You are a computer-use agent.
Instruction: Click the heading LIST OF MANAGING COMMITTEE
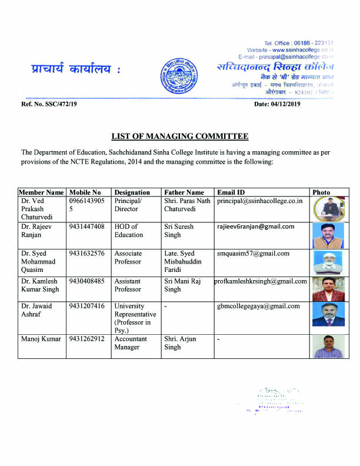tap(180, 137)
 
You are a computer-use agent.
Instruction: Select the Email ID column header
tap(230, 192)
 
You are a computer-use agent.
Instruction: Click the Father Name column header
tap(184, 192)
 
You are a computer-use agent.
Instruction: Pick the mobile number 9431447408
tap(86, 227)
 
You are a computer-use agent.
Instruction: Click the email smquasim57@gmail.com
tap(253, 254)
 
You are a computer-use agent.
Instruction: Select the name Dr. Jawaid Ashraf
tap(36, 310)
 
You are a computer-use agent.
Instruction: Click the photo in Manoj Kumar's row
tap(329, 347)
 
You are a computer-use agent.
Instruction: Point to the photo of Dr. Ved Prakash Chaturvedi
tap(329, 209)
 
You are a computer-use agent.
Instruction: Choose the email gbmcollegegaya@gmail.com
tap(258, 306)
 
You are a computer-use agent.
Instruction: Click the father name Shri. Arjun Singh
tap(181, 343)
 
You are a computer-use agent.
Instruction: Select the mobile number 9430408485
tap(86, 281)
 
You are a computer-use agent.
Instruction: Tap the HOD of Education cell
tap(128, 231)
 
